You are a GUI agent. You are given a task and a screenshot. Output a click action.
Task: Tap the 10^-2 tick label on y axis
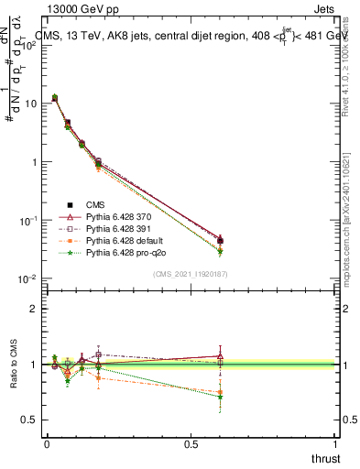click(x=27, y=279)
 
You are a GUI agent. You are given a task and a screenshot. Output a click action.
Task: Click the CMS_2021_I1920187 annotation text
click(x=191, y=274)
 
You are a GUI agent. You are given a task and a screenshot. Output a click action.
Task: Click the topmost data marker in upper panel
click(x=55, y=97)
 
